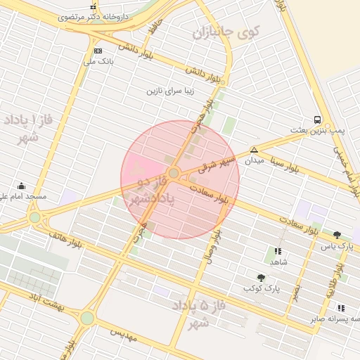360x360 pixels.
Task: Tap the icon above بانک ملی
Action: tap(97, 51)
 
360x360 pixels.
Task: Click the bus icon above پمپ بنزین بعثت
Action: tap(318, 120)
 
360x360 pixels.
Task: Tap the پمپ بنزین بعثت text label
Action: tap(318, 131)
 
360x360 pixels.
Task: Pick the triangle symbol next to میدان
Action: tap(253, 150)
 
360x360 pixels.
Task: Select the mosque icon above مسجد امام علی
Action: tap(21, 186)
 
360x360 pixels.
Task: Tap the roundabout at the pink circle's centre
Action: tap(174, 172)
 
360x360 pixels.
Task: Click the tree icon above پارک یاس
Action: tap(337, 235)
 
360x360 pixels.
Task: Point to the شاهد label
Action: tap(278, 261)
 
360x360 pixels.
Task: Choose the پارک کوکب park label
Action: tap(262, 288)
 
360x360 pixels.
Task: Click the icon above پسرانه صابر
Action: tap(341, 308)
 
